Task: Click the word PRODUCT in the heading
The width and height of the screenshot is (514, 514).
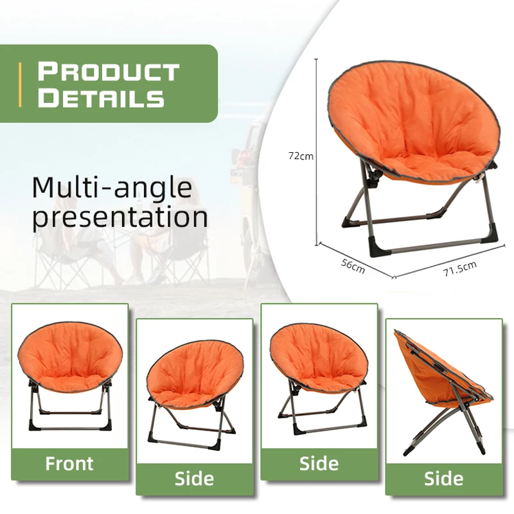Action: [x=108, y=71]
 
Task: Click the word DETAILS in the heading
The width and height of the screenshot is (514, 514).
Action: [x=101, y=98]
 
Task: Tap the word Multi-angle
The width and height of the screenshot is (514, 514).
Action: [x=112, y=187]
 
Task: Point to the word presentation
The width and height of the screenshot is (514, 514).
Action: [x=120, y=217]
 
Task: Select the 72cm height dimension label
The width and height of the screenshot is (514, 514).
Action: [x=301, y=155]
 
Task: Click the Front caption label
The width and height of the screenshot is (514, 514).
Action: [x=69, y=463]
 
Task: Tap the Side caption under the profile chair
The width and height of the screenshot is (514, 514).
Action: [x=443, y=478]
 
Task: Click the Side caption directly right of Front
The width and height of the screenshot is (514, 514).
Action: [x=194, y=478]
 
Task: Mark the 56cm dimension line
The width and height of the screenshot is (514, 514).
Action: [x=355, y=260]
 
